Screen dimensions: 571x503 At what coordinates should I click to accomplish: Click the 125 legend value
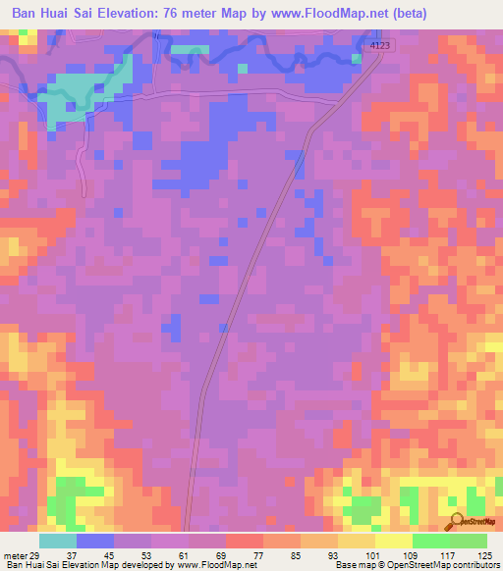(484, 556)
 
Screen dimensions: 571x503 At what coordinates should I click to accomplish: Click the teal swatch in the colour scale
(58, 541)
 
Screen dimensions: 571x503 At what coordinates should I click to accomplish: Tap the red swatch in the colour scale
(244, 541)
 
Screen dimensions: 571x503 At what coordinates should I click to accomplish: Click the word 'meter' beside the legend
(15, 556)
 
